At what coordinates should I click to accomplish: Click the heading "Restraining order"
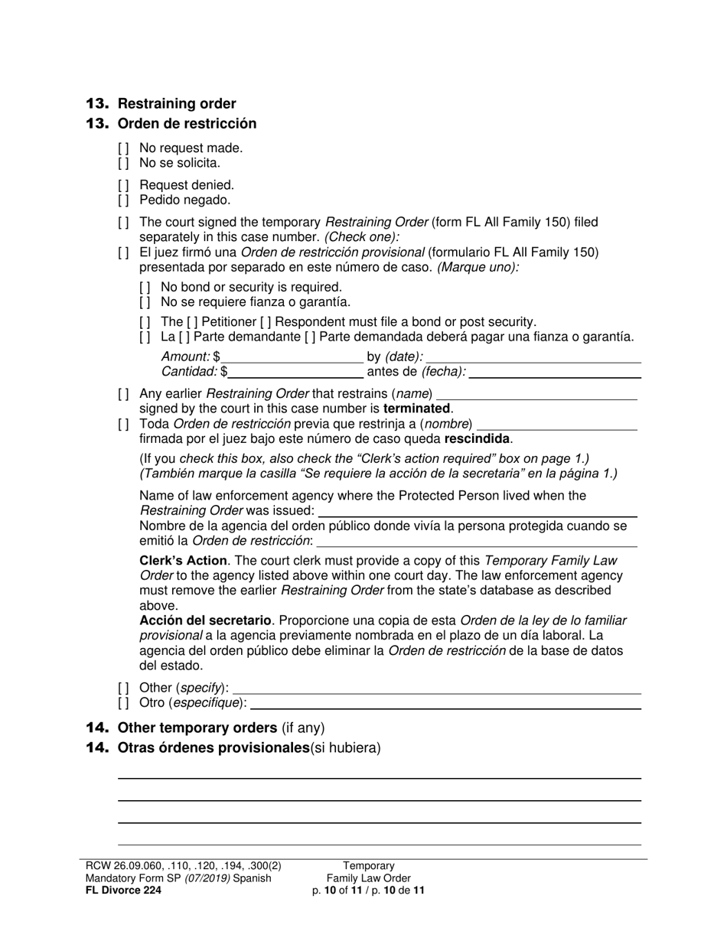pyautogui.click(x=177, y=104)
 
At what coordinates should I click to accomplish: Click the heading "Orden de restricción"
pyautogui.click(x=187, y=124)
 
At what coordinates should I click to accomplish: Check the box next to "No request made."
pyautogui.click(x=123, y=148)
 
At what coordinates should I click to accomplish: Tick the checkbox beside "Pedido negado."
pyautogui.click(x=123, y=200)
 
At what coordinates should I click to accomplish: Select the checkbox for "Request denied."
pyautogui.click(x=123, y=185)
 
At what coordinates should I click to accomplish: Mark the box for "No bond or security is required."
pyautogui.click(x=145, y=287)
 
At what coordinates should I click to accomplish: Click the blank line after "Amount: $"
pyautogui.click(x=292, y=357)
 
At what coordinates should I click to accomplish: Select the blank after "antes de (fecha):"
pyautogui.click(x=555, y=372)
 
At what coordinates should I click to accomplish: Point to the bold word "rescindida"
pyautogui.click(x=478, y=439)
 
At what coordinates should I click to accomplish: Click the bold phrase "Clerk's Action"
pyautogui.click(x=183, y=560)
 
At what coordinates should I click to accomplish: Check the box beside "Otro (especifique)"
pyautogui.click(x=123, y=702)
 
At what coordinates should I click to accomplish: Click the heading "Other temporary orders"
pyautogui.click(x=197, y=728)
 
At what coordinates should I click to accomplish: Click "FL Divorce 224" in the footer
pyautogui.click(x=123, y=890)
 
